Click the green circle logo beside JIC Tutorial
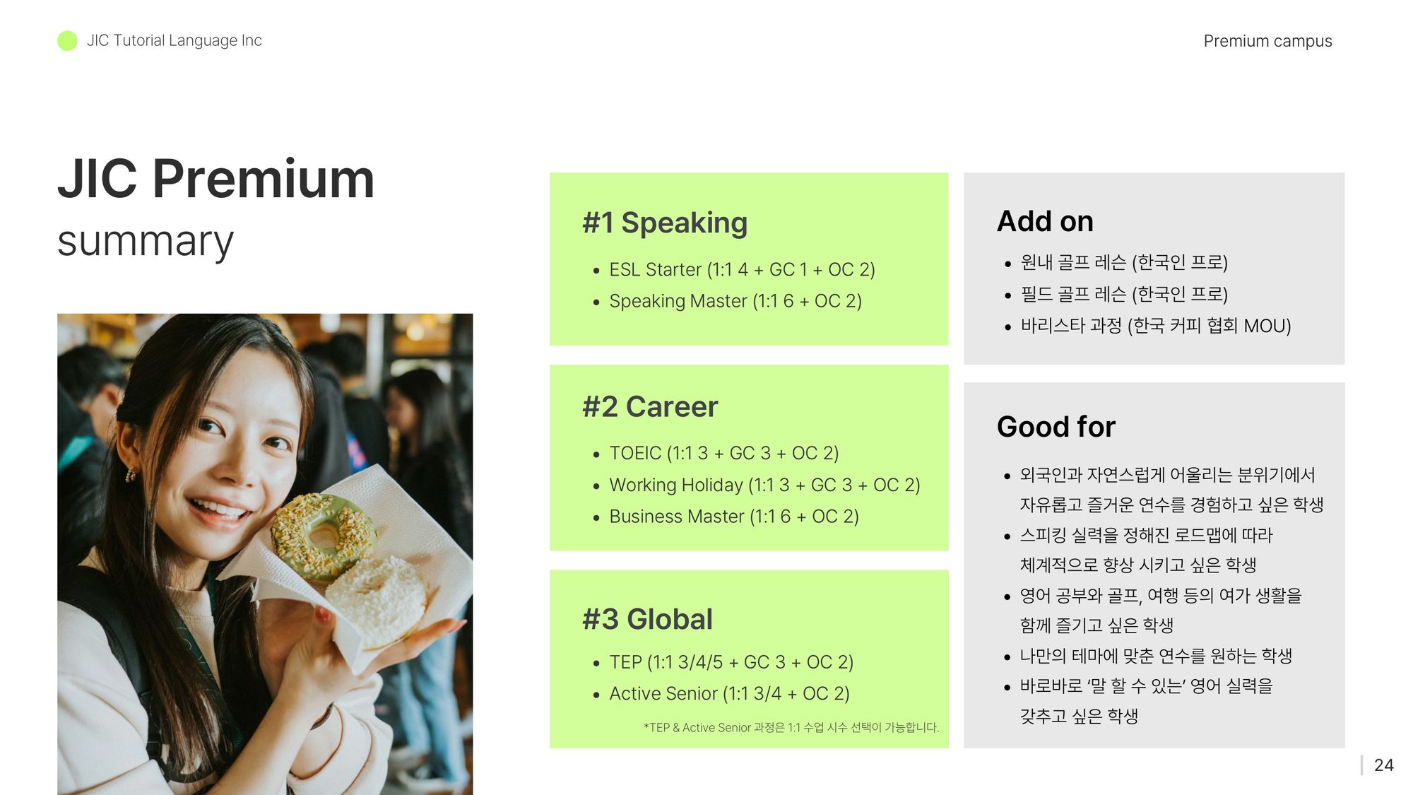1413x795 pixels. pyautogui.click(x=67, y=41)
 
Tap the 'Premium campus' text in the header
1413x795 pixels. pyautogui.click(x=1267, y=41)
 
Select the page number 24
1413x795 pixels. pyautogui.click(x=1383, y=765)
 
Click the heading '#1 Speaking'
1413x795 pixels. pyautogui.click(x=665, y=223)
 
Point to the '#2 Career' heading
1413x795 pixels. pyautogui.click(x=650, y=407)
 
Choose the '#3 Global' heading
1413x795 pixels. pyautogui.click(x=648, y=619)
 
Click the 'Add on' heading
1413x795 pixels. pyautogui.click(x=1045, y=221)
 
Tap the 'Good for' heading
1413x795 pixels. pyautogui.click(x=1056, y=427)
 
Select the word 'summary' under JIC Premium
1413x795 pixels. pyautogui.click(x=146, y=242)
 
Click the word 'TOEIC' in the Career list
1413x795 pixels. pyautogui.click(x=635, y=453)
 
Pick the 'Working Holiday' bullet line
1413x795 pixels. pyautogui.click(x=764, y=485)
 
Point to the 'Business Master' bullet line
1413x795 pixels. pyautogui.click(x=734, y=517)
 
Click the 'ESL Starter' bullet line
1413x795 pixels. pyautogui.click(x=742, y=269)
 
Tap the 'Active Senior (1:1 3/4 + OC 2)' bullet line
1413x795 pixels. pyautogui.click(x=729, y=694)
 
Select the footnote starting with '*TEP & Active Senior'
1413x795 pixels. pyautogui.click(x=791, y=727)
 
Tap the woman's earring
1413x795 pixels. pyautogui.click(x=130, y=474)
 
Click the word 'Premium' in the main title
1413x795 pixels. pyautogui.click(x=263, y=179)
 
